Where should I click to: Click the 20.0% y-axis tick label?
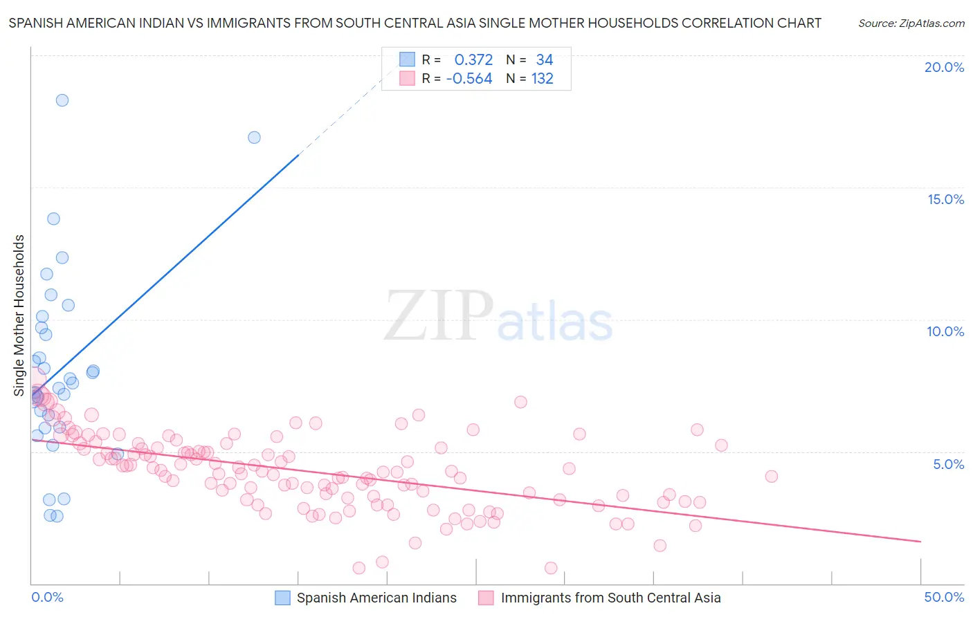click(944, 67)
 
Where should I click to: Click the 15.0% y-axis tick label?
click(945, 199)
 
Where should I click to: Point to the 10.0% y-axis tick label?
click(945, 331)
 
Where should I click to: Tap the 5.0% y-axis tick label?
click(948, 464)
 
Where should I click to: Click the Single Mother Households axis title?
click(19, 315)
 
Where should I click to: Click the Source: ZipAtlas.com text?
click(911, 24)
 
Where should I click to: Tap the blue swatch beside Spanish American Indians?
click(282, 598)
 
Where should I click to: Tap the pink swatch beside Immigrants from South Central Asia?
click(486, 598)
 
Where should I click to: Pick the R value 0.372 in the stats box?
click(473, 60)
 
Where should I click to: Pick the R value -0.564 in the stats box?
click(469, 79)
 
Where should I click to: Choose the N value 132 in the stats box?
click(542, 79)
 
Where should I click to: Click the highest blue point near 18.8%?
click(62, 100)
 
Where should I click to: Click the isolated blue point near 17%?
click(254, 138)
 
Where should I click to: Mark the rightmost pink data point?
click(772, 477)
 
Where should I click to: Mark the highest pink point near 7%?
click(520, 402)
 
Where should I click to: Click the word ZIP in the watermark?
click(439, 316)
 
